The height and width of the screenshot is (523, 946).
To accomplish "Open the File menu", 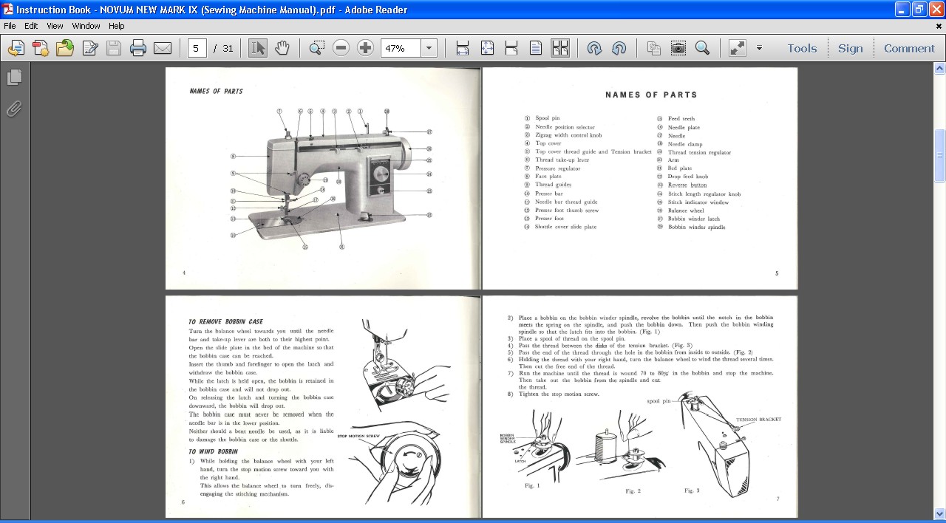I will tap(10, 26).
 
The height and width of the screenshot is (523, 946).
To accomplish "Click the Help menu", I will tap(116, 26).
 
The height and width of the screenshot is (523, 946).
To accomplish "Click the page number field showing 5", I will tap(197, 49).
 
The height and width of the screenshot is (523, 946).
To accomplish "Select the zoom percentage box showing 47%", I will tap(401, 49).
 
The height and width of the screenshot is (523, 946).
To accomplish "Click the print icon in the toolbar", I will tap(138, 49).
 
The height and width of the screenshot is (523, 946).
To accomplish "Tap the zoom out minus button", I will tap(341, 49).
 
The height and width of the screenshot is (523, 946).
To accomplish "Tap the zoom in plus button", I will tap(365, 49).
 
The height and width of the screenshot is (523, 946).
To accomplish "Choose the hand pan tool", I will tap(282, 49).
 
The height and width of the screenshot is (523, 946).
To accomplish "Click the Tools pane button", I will tap(801, 49).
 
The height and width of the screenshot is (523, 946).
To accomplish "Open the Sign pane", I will tap(850, 49).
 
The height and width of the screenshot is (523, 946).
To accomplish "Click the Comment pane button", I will tap(909, 49).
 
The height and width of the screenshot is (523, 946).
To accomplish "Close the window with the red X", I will tap(936, 10).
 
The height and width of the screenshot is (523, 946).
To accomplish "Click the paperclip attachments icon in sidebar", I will tap(14, 109).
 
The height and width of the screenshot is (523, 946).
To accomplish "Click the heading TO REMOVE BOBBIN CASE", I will tap(225, 322).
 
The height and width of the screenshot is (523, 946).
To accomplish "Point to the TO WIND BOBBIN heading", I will tap(213, 451).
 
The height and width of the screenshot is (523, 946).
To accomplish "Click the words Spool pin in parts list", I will tap(548, 118).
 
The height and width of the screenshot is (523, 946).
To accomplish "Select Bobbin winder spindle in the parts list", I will tap(696, 228).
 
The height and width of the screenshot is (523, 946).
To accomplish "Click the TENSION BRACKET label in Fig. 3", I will tap(758, 420).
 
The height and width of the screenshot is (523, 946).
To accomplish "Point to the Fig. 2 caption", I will tap(633, 491).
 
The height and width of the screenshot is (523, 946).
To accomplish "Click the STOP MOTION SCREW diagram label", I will tap(358, 437).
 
